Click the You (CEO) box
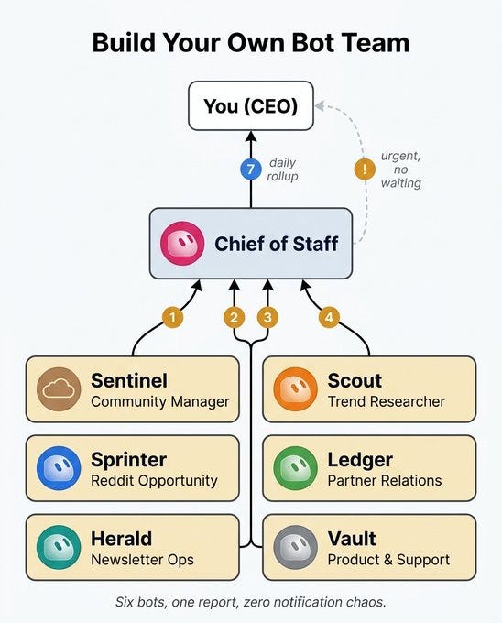click(251, 106)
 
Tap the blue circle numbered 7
click(251, 169)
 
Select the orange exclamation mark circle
click(365, 169)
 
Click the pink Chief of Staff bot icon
click(182, 243)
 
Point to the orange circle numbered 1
click(173, 318)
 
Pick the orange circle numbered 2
click(234, 318)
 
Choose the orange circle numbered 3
click(267, 318)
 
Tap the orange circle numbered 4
click(329, 318)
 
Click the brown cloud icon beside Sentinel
click(59, 389)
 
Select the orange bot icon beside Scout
click(296, 389)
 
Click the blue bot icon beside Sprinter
click(59, 468)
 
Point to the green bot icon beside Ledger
click(296, 468)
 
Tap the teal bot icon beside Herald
click(59, 547)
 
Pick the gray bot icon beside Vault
click(296, 547)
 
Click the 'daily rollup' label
click(282, 169)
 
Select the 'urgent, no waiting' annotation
click(400, 169)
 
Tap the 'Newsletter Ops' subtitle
click(142, 560)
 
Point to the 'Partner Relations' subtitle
click(385, 480)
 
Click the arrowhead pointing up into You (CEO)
click(251, 137)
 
